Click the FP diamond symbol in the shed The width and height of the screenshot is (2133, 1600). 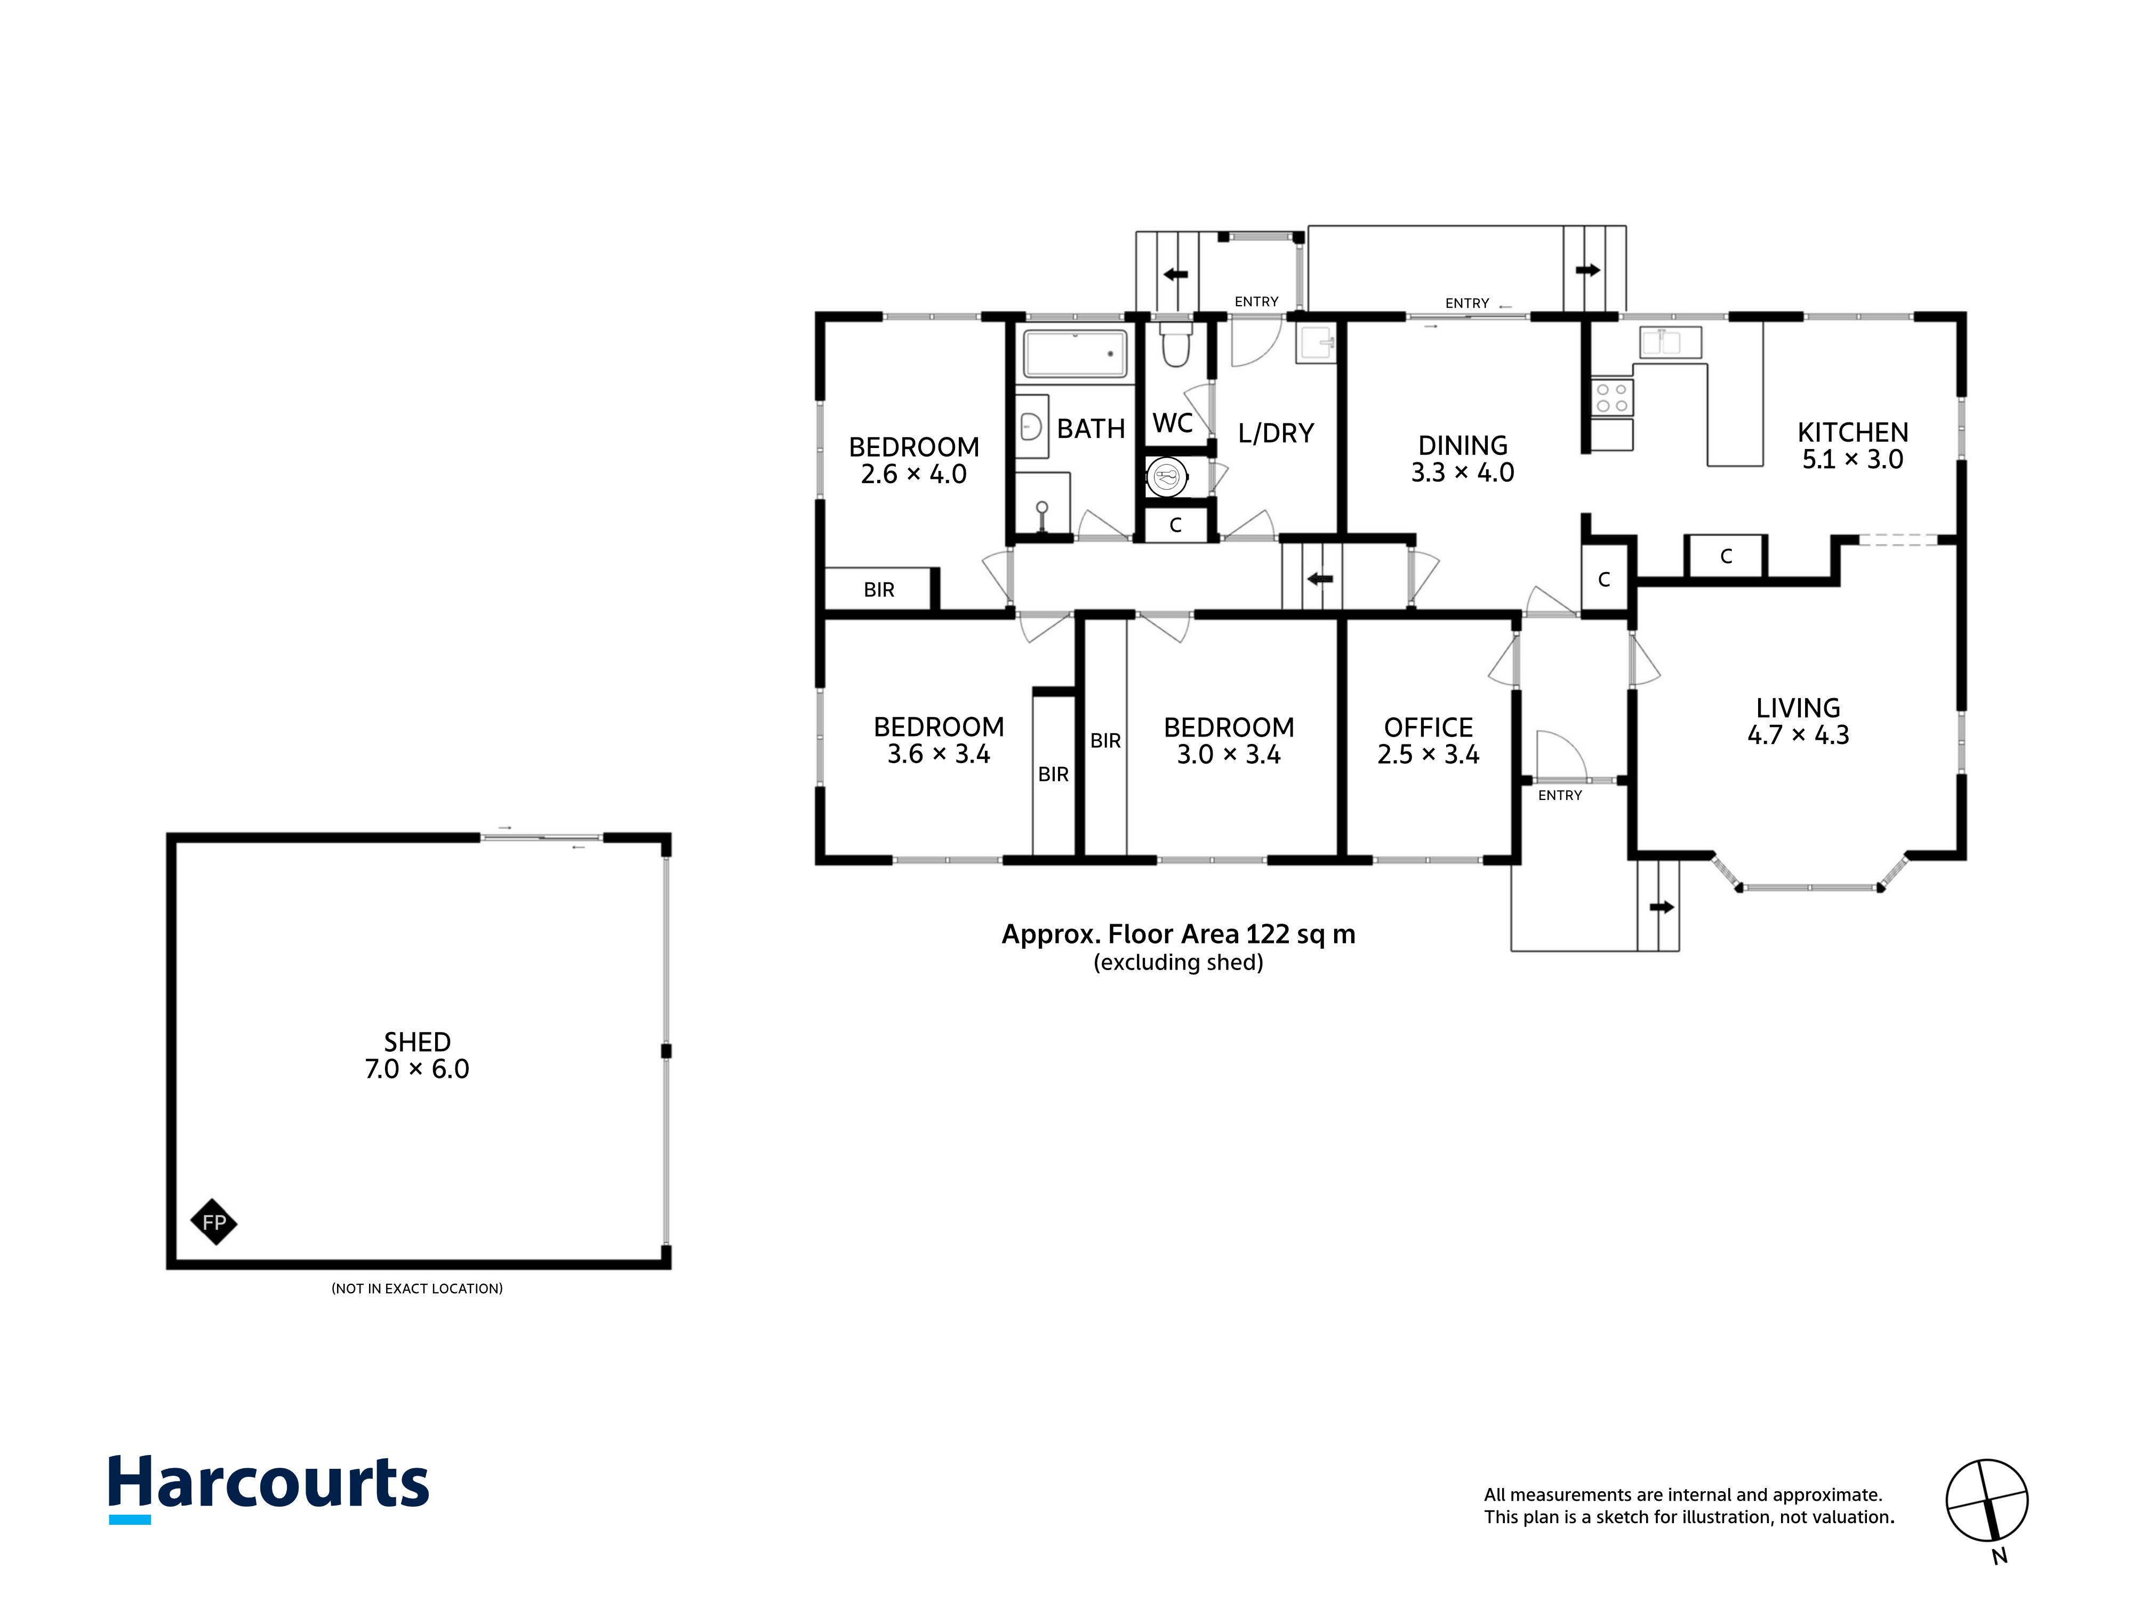click(214, 1223)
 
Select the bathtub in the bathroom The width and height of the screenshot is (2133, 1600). click(1074, 354)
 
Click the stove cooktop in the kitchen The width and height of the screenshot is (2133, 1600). click(1613, 397)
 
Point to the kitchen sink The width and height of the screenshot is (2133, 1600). click(1670, 342)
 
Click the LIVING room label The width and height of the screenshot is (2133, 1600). click(1798, 708)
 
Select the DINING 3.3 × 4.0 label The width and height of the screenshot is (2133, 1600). click(1463, 459)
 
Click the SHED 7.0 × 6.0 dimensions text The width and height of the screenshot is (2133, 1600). click(416, 1069)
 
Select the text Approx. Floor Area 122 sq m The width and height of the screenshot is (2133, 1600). click(1178, 934)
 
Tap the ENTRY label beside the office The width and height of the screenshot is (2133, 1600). click(1559, 796)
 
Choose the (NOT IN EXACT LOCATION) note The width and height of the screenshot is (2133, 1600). click(416, 1289)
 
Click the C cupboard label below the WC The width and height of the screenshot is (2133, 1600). click(1175, 526)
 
